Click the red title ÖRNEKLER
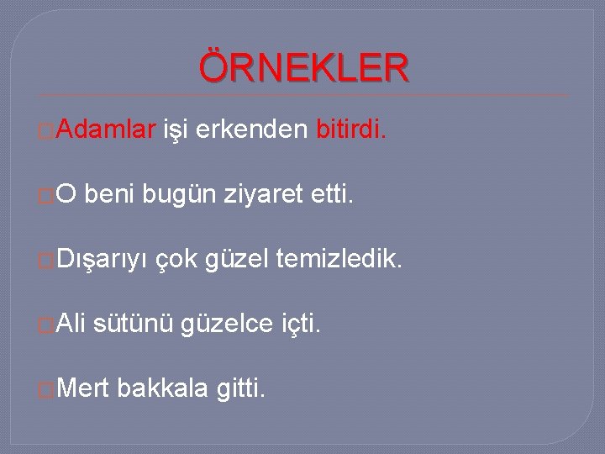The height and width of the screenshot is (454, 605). click(x=304, y=68)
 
